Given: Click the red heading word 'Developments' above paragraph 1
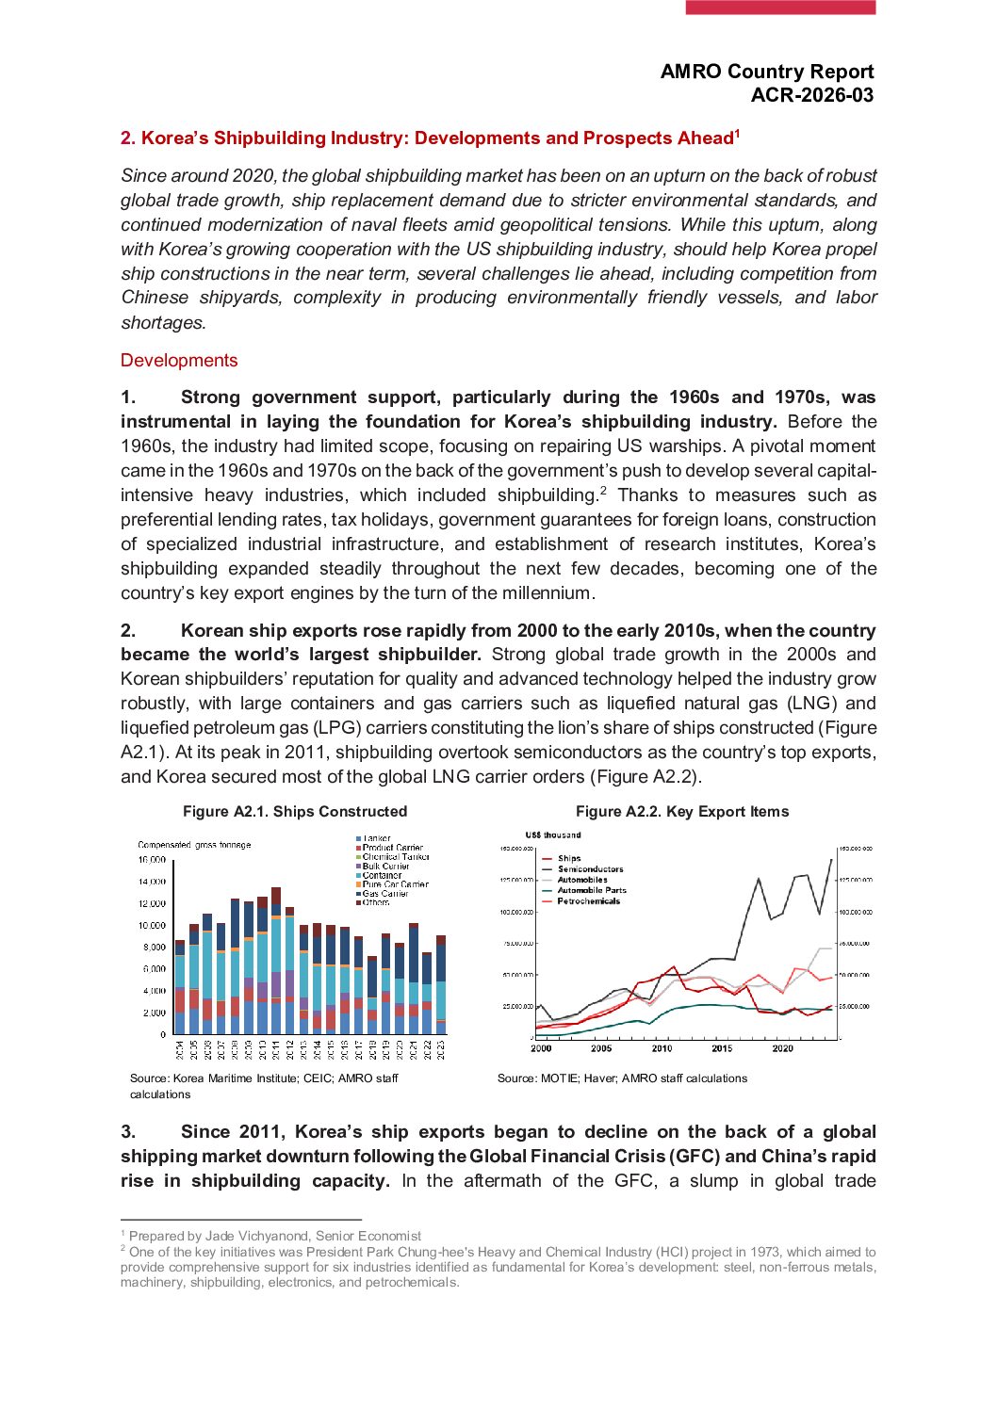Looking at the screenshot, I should tap(179, 361).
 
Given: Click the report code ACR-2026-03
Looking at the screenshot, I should tap(811, 95).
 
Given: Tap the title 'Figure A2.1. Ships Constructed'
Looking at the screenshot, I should tap(295, 812).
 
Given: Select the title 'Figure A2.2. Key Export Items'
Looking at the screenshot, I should tap(682, 812).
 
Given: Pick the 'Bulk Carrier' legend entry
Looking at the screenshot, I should tap(385, 866).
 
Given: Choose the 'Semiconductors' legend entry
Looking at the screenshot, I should tap(590, 869).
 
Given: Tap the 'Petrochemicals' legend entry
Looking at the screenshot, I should tap(588, 901).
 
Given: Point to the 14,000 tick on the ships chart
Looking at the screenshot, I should tap(152, 882).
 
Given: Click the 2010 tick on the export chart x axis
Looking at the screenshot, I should tap(662, 1048).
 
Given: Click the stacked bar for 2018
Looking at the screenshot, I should tap(372, 996).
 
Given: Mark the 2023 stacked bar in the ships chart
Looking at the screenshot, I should tap(441, 985).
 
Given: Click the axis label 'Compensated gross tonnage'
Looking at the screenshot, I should tap(194, 845).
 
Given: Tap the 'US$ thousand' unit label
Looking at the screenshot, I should tap(553, 835).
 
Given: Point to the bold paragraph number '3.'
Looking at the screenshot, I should tap(128, 1132).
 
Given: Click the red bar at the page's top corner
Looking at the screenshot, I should tap(780, 8).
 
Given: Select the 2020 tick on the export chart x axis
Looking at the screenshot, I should tap(782, 1048).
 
